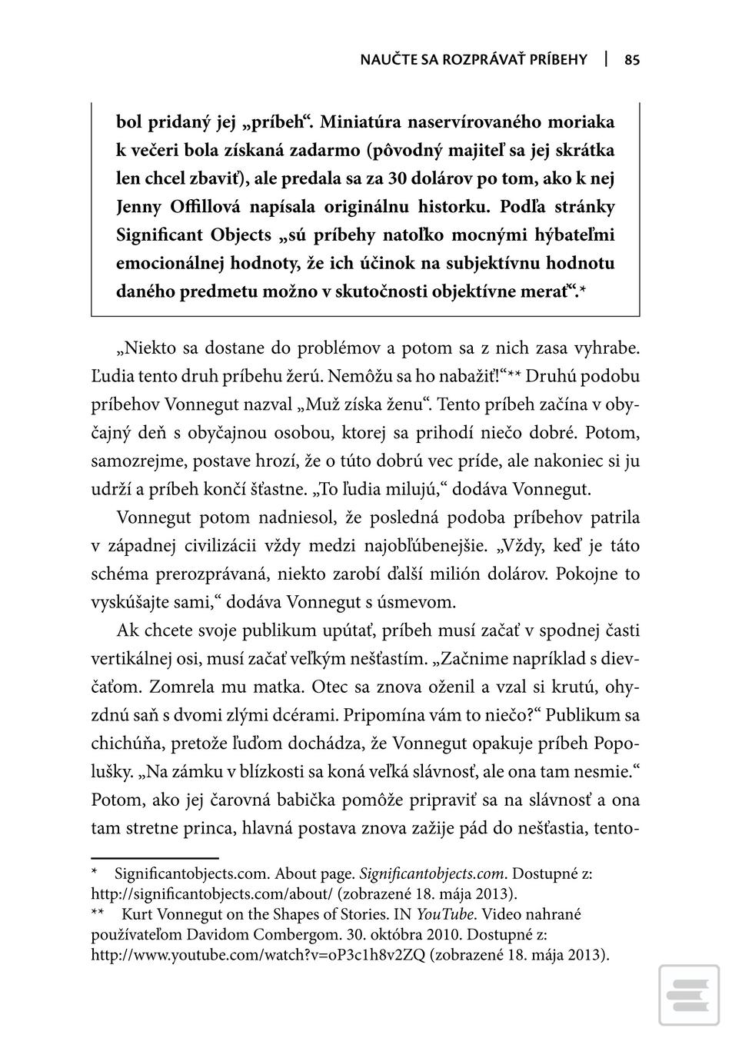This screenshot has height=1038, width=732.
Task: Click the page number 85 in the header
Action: [x=632, y=60]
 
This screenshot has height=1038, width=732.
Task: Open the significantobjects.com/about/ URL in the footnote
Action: [x=211, y=893]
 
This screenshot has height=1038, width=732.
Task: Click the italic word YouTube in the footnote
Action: [x=444, y=914]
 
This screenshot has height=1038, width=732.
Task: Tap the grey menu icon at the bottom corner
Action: [x=688, y=996]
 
